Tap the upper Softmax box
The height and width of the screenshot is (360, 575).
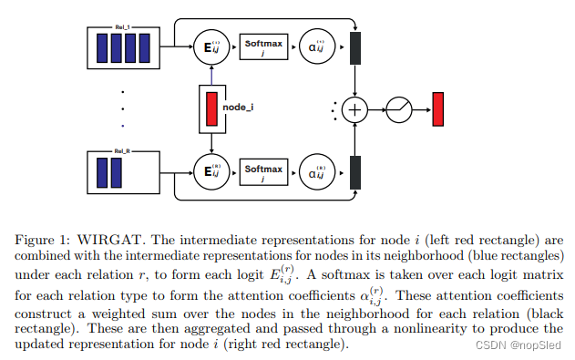click(x=263, y=45)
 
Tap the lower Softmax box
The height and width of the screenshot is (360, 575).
click(x=263, y=170)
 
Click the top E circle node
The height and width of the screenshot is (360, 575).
click(x=210, y=45)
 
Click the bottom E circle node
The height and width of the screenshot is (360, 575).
click(x=210, y=170)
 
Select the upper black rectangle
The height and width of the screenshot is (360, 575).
click(x=355, y=45)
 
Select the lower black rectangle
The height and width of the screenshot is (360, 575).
click(x=355, y=170)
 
